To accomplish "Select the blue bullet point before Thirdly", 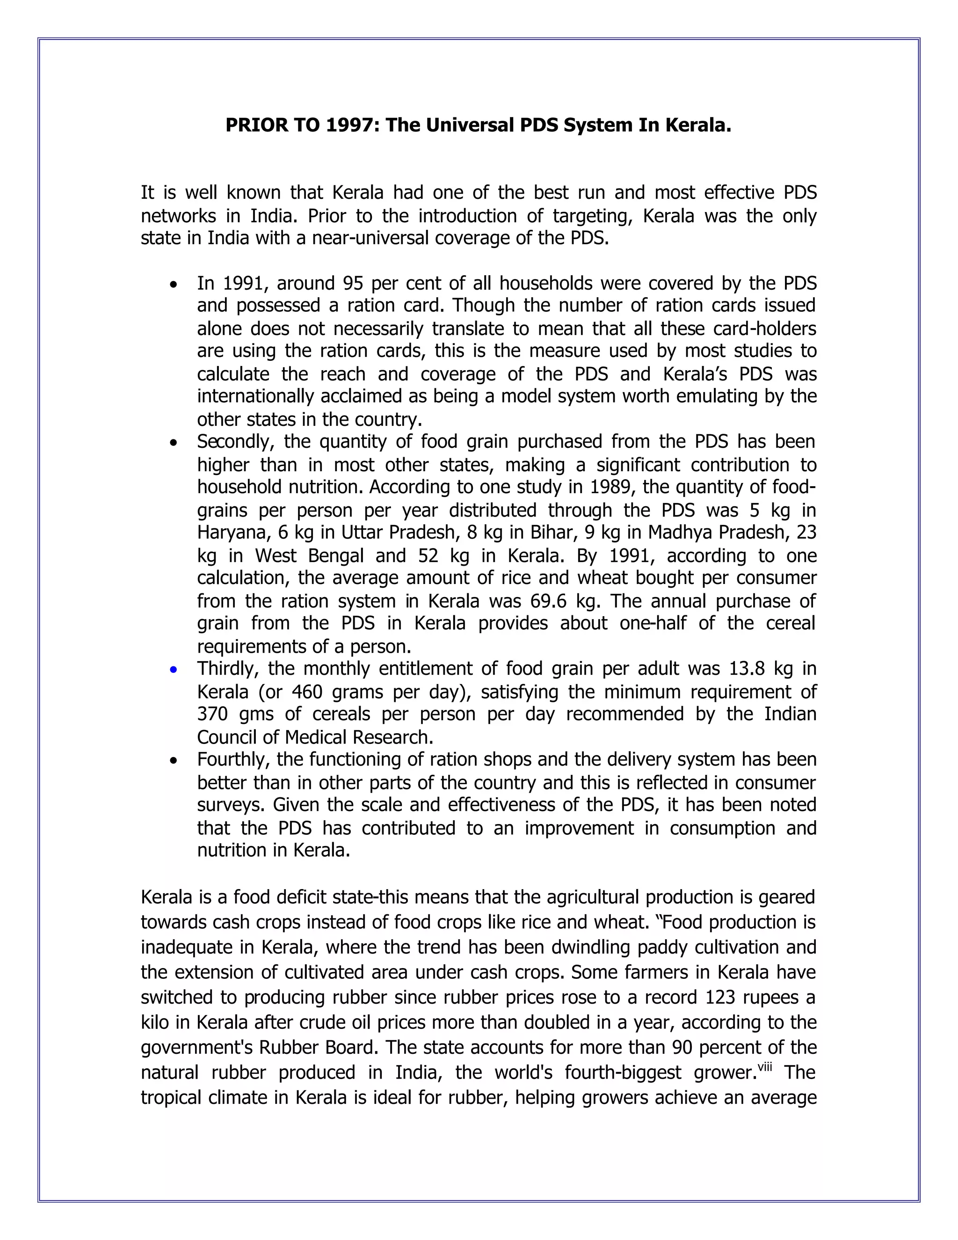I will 174,671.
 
